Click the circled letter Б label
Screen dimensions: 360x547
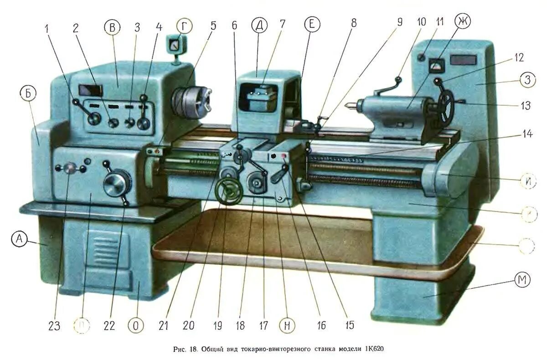click(x=28, y=93)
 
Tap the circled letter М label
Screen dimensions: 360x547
click(x=522, y=280)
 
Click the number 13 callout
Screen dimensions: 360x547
click(x=526, y=105)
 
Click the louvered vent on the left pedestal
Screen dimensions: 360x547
click(x=106, y=250)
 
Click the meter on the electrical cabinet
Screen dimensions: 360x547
click(x=437, y=65)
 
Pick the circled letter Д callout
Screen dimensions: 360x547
click(x=259, y=27)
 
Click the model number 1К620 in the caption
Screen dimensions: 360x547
click(x=374, y=350)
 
